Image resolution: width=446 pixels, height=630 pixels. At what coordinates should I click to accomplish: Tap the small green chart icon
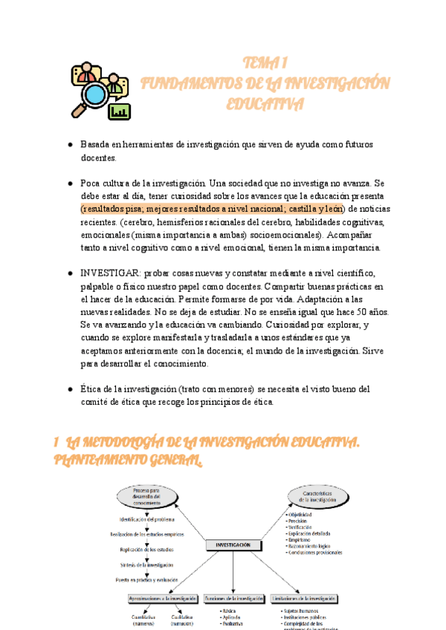(x=119, y=111)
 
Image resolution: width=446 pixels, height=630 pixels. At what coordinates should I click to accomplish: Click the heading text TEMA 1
(x=265, y=62)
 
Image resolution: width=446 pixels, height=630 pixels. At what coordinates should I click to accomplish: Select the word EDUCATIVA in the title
(x=265, y=103)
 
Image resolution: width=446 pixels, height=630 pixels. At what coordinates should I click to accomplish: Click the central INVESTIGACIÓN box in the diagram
(x=233, y=545)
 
